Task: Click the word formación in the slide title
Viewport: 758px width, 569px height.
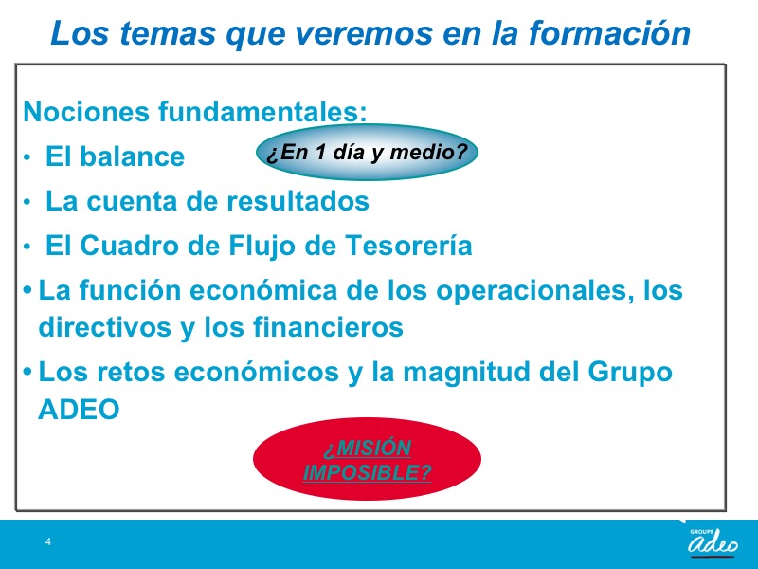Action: pos(609,33)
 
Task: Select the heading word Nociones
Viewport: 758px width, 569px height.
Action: pos(86,111)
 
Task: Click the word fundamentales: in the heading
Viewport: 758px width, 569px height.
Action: pos(263,111)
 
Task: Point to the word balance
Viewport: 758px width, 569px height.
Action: pos(132,156)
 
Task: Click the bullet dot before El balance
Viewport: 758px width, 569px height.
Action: pos(27,157)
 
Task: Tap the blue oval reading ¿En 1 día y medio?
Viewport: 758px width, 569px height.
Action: pos(367,153)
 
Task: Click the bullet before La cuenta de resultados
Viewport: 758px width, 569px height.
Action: pos(27,202)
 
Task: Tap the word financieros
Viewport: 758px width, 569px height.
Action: pos(328,326)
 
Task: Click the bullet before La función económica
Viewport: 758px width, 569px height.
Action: pos(27,290)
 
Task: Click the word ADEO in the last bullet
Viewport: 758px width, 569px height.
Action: pos(79,410)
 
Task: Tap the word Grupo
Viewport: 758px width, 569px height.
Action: pos(630,373)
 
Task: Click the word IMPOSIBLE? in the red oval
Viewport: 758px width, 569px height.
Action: pos(368,472)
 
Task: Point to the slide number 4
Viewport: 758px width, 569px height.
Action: pos(48,541)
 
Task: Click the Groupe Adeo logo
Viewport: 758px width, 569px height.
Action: pos(713,541)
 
